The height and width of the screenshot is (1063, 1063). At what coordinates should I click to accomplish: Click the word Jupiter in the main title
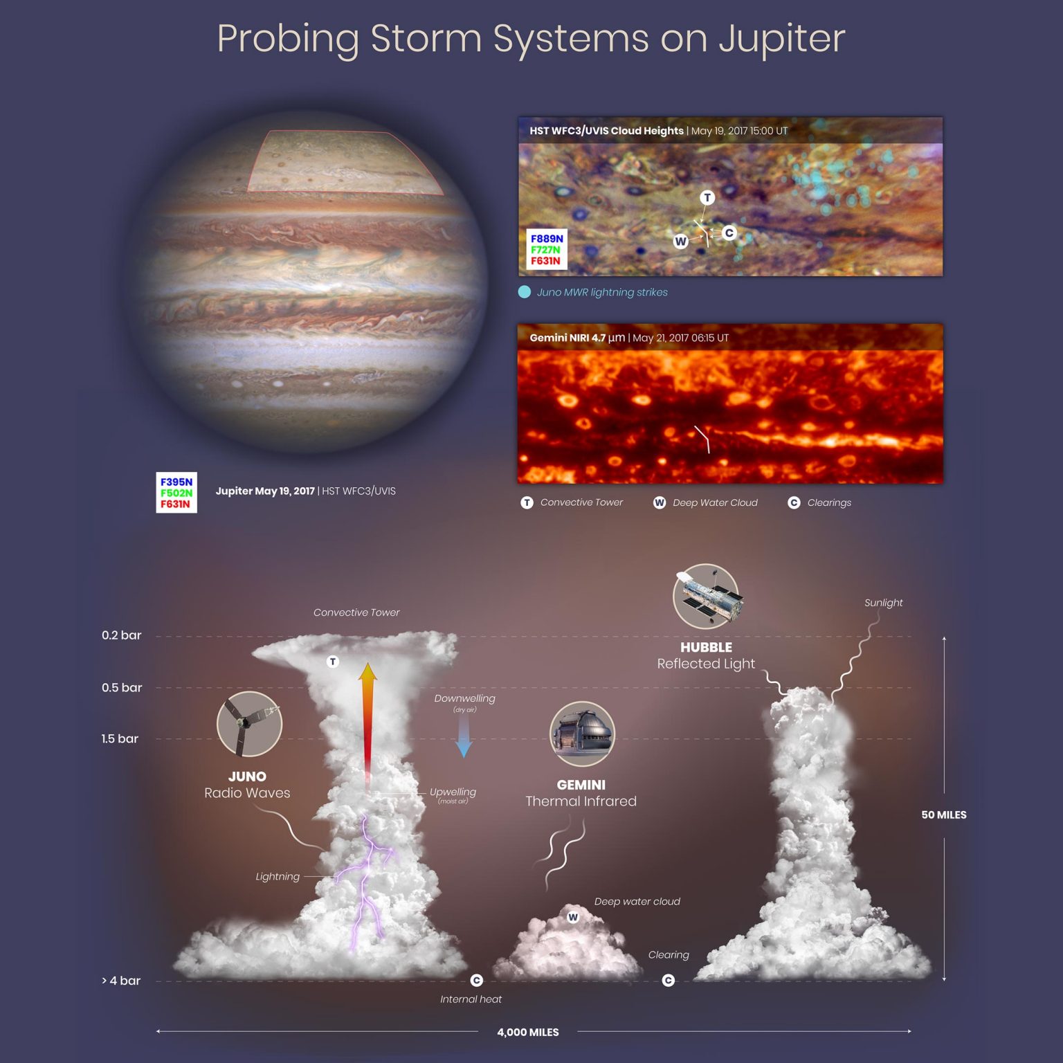click(781, 39)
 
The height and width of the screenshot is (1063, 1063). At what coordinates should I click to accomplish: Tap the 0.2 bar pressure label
click(121, 635)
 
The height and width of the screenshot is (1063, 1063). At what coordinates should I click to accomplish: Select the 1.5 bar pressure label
click(120, 738)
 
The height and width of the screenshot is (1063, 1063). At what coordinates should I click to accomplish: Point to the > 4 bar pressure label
click(121, 981)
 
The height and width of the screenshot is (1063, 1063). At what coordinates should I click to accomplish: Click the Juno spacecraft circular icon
click(249, 724)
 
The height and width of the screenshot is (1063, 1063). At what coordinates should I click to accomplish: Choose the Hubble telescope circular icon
click(706, 596)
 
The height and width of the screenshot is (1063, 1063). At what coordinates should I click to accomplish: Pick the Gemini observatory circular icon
click(581, 734)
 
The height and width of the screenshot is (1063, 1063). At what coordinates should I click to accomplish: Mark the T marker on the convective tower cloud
click(333, 662)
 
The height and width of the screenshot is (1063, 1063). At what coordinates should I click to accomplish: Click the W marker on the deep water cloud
click(573, 918)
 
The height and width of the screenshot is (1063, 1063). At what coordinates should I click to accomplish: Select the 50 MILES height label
click(943, 815)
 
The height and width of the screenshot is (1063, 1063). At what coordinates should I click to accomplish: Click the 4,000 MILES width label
click(527, 1032)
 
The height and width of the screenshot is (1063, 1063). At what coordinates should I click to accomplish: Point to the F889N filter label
click(547, 239)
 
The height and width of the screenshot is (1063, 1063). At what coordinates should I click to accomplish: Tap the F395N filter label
click(176, 482)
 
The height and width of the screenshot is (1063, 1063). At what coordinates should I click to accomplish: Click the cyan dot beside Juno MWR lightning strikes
click(525, 292)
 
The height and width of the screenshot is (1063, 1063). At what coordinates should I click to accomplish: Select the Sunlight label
click(883, 603)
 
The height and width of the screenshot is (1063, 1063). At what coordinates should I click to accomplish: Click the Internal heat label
click(471, 999)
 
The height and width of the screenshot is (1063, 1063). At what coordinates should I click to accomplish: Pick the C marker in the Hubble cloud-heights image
click(729, 233)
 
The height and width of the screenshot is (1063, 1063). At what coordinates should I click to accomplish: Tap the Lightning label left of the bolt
click(278, 877)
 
